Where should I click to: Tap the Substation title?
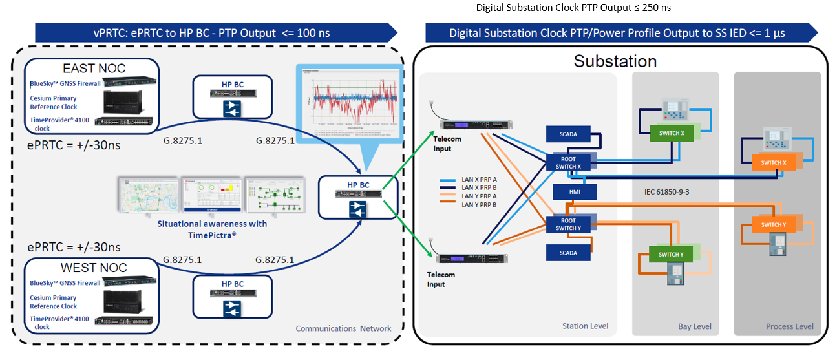tap(615, 61)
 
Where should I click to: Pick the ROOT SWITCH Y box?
tap(568, 224)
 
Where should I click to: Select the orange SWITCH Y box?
tap(773, 225)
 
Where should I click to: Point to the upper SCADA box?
tap(568, 134)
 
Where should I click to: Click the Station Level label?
tap(585, 326)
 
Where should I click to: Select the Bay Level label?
tap(694, 326)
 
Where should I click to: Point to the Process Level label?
tap(789, 326)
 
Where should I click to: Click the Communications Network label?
tap(343, 328)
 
